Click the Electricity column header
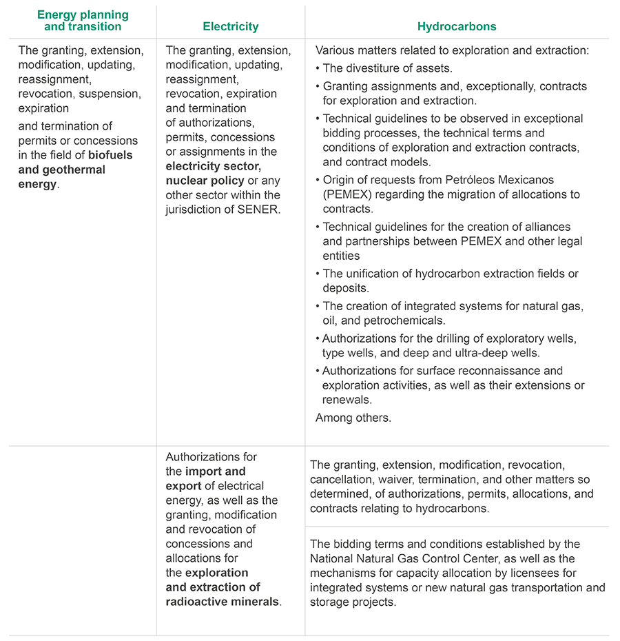(230, 27)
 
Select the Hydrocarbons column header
(457, 27)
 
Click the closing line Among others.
(353, 418)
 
